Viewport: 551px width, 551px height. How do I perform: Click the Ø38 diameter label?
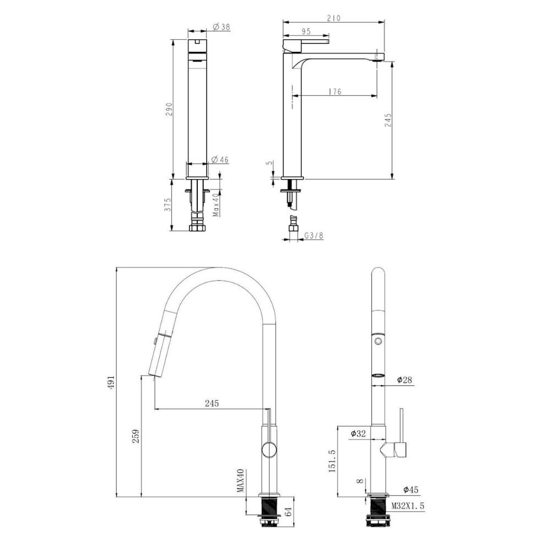[x=222, y=26]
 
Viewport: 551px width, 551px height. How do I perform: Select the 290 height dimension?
[x=169, y=110]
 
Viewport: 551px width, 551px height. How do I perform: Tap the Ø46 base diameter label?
[x=220, y=160]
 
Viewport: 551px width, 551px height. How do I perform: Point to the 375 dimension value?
[x=168, y=204]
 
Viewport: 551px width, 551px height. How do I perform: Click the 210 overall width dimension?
[x=333, y=18]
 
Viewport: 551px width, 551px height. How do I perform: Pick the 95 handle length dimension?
[x=306, y=31]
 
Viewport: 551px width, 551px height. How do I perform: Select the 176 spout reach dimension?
[x=335, y=91]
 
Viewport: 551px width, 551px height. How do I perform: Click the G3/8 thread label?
[x=314, y=235]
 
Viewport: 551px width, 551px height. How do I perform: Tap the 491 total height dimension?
[x=111, y=382]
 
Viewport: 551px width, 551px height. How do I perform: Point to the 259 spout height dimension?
[x=136, y=436]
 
